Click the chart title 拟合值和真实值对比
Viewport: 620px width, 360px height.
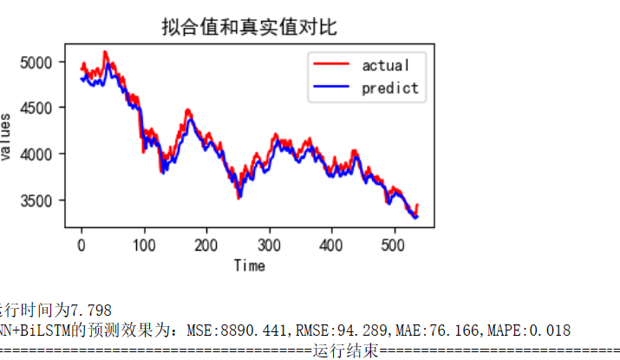pyautogui.click(x=249, y=27)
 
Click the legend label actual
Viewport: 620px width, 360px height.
pyautogui.click(x=385, y=65)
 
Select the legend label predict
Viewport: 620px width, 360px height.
pyautogui.click(x=389, y=88)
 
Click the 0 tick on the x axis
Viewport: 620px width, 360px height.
pyautogui.click(x=82, y=245)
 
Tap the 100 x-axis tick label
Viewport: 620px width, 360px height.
pyautogui.click(x=144, y=245)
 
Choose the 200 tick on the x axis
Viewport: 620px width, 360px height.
pyautogui.click(x=206, y=245)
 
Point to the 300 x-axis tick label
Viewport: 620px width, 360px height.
pyautogui.click(x=269, y=245)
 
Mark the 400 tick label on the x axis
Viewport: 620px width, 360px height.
pyautogui.click(x=331, y=245)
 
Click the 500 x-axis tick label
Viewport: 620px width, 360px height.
pyautogui.click(x=394, y=245)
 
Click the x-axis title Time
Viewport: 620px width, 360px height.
pyautogui.click(x=249, y=265)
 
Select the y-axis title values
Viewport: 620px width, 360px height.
pyautogui.click(x=7, y=136)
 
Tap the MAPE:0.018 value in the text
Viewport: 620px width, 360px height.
pyautogui.click(x=532, y=331)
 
